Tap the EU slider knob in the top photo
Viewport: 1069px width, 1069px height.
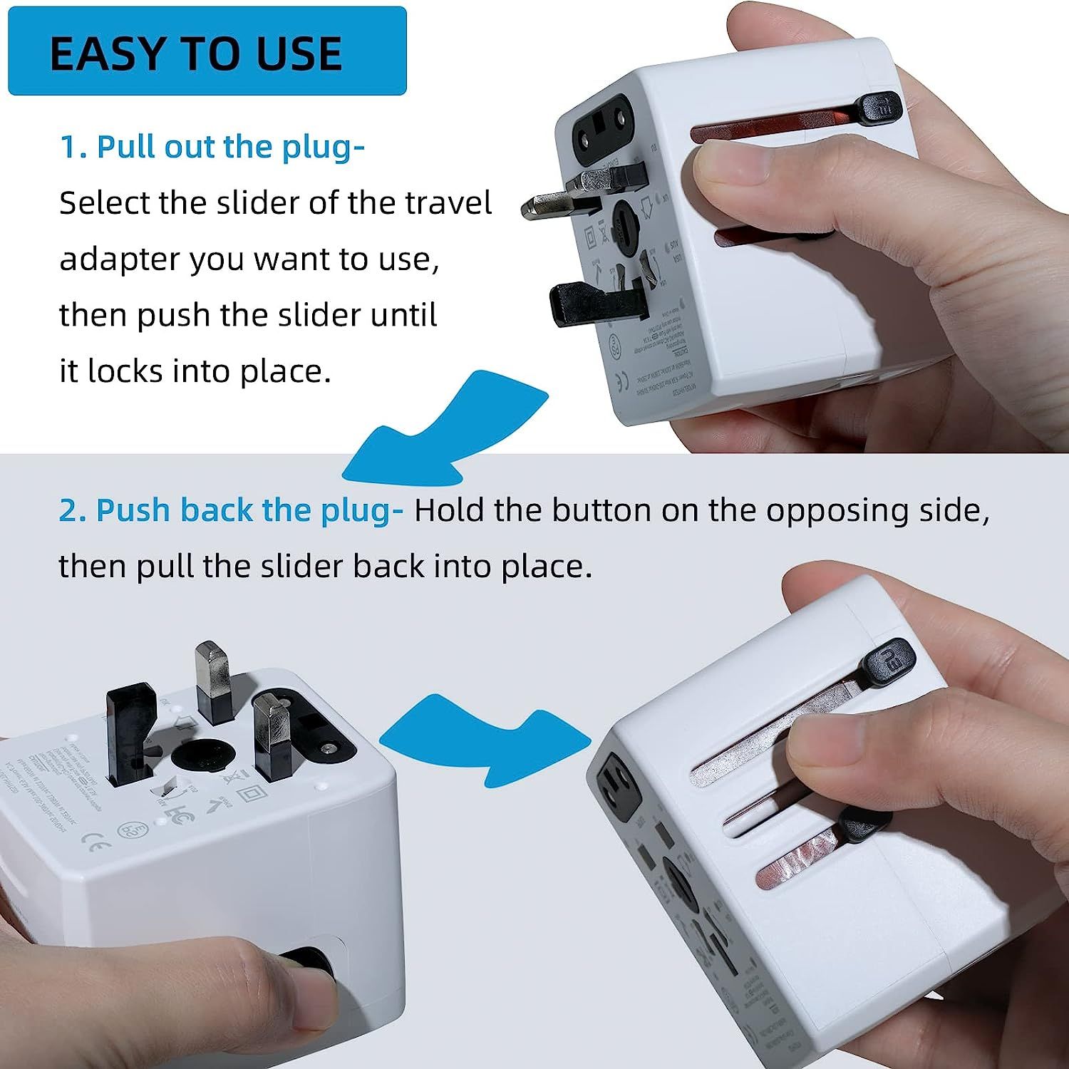click(x=879, y=107)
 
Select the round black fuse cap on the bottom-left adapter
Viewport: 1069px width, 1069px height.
click(x=203, y=755)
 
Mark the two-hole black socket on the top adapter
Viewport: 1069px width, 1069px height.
click(x=604, y=121)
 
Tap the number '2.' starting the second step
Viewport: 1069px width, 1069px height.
click(x=72, y=511)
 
